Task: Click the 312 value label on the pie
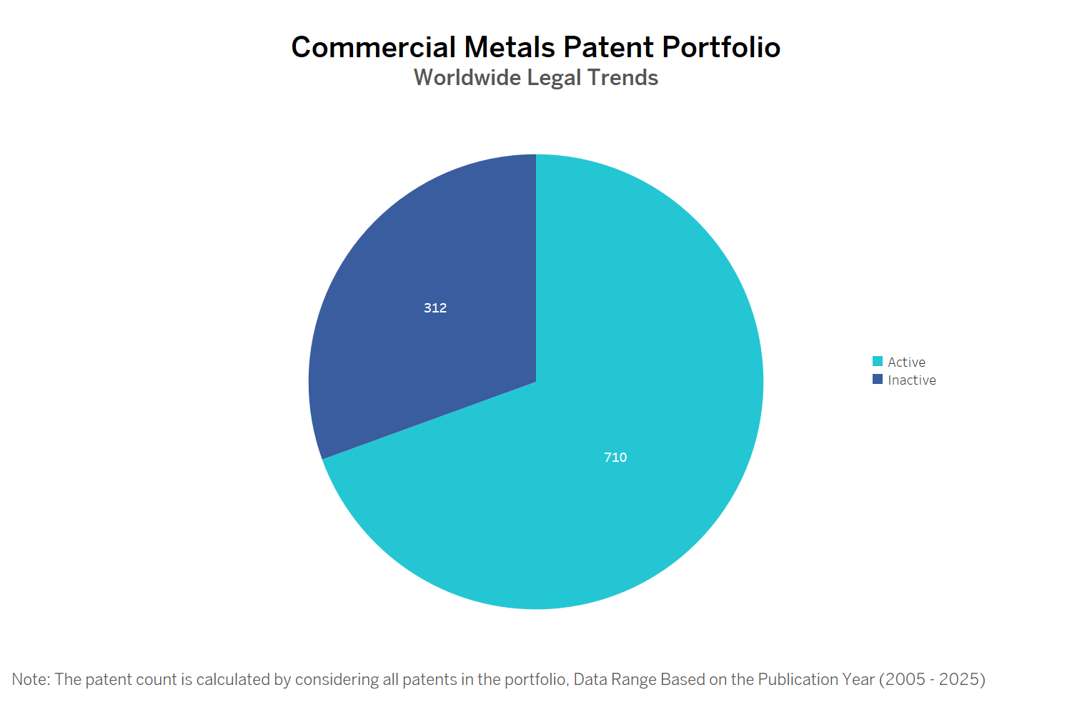click(435, 308)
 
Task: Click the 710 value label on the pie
click(615, 458)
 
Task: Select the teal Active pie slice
click(643, 357)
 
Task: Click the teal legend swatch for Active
click(878, 362)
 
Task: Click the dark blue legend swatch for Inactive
click(878, 380)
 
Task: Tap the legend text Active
click(906, 363)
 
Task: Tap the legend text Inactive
click(912, 380)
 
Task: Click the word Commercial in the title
click(373, 48)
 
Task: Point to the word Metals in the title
click(510, 48)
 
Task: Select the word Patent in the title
click(608, 48)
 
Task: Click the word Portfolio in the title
click(721, 48)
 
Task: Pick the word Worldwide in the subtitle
click(467, 77)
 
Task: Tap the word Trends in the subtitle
click(622, 77)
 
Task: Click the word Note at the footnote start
click(30, 679)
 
